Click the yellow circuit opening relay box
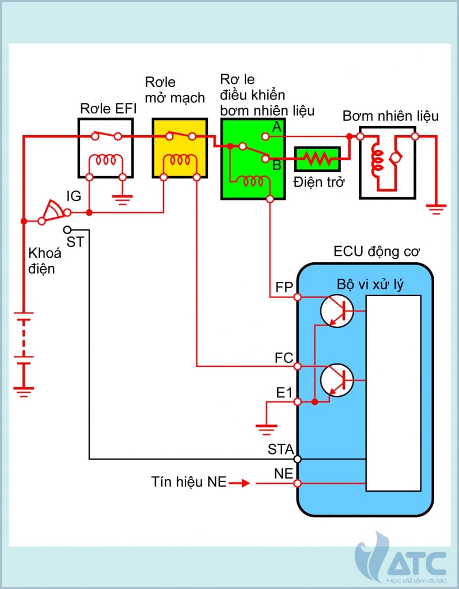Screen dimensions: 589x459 [180, 148]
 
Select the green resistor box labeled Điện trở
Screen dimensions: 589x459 [318, 159]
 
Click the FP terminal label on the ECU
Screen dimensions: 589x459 [284, 286]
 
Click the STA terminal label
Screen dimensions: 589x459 [281, 449]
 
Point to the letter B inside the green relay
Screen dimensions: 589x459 [276, 166]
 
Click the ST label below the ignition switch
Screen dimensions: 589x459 [75, 242]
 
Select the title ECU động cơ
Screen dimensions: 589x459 [377, 252]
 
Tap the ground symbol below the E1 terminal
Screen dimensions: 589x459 [266, 427]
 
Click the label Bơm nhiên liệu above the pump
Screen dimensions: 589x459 [390, 116]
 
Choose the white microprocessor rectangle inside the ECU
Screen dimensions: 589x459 [393, 393]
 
